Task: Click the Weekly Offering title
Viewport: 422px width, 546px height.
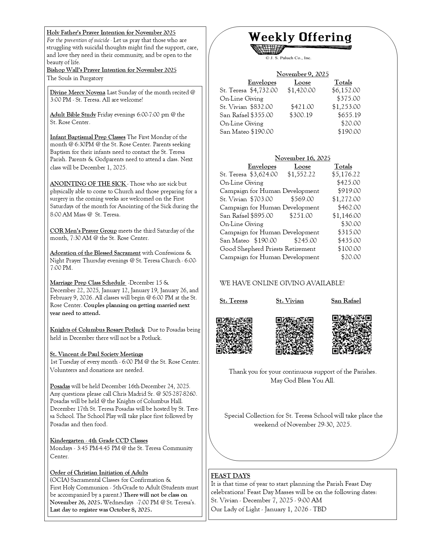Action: pyautogui.click(x=300, y=37)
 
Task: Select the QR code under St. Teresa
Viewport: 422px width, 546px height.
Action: pyautogui.click(x=234, y=336)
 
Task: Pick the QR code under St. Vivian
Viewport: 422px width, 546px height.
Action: pyautogui.click(x=294, y=336)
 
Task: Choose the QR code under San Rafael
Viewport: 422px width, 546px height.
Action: pyautogui.click(x=352, y=334)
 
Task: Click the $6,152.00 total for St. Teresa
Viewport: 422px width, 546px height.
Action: pyautogui.click(x=346, y=90)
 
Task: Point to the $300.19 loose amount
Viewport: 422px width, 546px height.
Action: pyautogui.click(x=301, y=115)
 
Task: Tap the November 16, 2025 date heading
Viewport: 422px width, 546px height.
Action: pyautogui.click(x=302, y=158)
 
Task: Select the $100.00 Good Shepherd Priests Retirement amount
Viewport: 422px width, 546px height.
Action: pyautogui.click(x=349, y=249)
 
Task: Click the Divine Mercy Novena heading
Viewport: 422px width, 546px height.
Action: pyautogui.click(x=77, y=92)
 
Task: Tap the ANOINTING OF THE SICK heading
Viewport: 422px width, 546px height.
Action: pyautogui.click(x=88, y=184)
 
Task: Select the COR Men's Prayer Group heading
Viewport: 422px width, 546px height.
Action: pyautogui.click(x=83, y=231)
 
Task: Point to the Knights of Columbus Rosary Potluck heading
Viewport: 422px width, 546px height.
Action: pyautogui.click(x=97, y=330)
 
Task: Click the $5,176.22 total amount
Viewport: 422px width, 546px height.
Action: pyautogui.click(x=346, y=174)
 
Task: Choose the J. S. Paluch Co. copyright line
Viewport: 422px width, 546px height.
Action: pyautogui.click(x=288, y=58)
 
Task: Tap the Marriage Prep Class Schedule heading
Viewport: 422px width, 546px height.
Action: pyautogui.click(x=88, y=283)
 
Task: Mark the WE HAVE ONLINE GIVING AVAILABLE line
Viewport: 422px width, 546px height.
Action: pyautogui.click(x=282, y=283)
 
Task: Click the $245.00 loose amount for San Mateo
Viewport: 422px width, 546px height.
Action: pyautogui.click(x=305, y=241)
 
